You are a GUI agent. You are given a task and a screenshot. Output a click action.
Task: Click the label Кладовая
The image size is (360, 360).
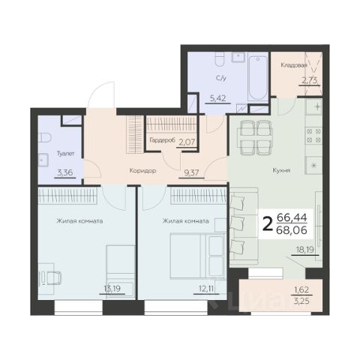pos(294,65)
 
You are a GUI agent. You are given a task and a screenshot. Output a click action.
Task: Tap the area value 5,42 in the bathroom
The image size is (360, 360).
pos(217,98)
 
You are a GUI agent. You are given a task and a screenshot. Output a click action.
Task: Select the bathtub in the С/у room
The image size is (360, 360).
pos(258,78)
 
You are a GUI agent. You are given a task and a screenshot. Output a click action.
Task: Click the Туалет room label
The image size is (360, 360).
pos(65,154)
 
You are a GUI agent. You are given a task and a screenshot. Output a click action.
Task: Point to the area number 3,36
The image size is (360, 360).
pos(65,172)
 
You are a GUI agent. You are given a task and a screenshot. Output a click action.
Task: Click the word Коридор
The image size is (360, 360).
pos(142,171)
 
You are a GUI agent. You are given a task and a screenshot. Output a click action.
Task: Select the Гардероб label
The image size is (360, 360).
pos(162,140)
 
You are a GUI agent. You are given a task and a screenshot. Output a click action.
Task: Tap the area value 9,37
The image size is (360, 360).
pos(191,172)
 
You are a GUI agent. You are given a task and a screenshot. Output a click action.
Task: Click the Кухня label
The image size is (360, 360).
pos(281,171)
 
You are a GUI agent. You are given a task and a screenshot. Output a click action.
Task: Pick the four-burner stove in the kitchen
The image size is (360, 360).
pos(313,136)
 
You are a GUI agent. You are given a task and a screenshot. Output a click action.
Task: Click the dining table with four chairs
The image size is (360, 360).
pos(255,137)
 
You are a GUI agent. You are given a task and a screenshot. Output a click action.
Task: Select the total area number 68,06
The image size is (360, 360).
pos(292,230)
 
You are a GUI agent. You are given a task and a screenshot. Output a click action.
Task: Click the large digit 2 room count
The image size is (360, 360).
pos(268,224)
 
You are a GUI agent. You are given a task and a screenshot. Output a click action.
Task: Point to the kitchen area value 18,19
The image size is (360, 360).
pos(305,250)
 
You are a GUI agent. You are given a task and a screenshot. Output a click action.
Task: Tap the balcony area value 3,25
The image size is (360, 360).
pos(301,301)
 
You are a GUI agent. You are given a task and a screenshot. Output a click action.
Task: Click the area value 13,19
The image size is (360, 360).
pos(112,289)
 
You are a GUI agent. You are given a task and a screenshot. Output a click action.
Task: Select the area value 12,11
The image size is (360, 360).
pos(206,289)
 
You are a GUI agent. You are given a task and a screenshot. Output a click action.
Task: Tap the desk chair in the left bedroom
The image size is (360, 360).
pos(54,277)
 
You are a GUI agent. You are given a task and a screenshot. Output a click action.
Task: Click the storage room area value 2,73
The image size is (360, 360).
pos(309,80)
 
